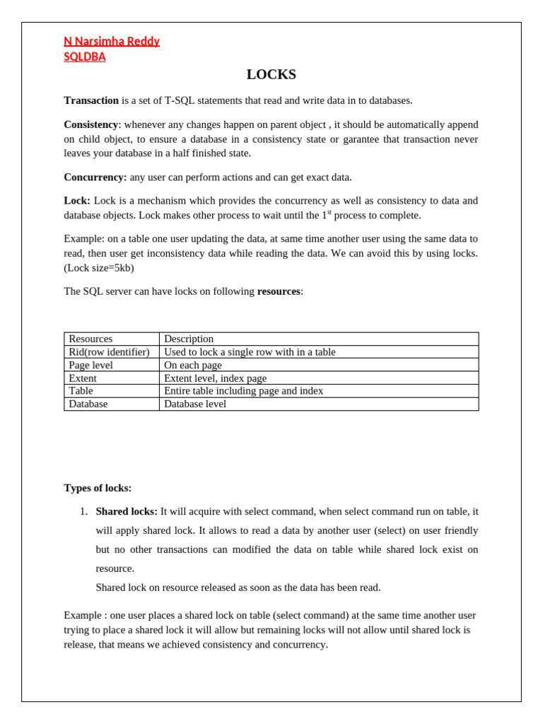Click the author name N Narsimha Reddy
(x=112, y=41)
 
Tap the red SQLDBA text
(x=85, y=57)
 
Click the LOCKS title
(x=271, y=75)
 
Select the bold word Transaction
(x=91, y=100)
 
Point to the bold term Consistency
(x=90, y=124)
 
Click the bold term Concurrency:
(x=95, y=177)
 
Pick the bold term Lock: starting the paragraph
(x=77, y=201)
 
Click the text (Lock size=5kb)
(x=99, y=268)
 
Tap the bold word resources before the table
(x=279, y=291)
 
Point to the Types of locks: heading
(x=98, y=488)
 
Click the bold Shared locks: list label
(x=127, y=511)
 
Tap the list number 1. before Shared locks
(x=83, y=511)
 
